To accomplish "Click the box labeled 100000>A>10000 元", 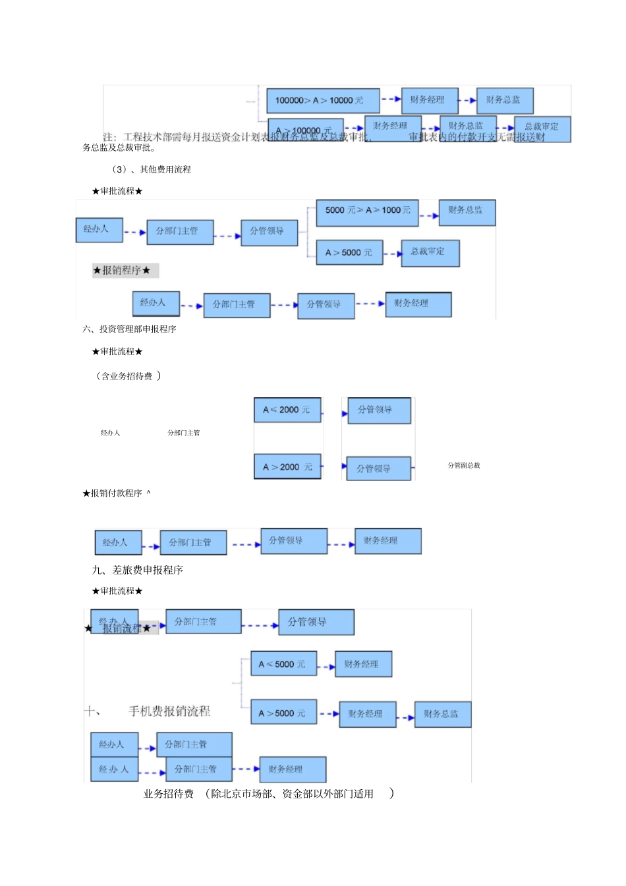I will (323, 101).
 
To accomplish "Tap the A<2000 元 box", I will (287, 410).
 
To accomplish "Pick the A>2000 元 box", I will (287, 467).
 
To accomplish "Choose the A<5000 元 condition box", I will (283, 664).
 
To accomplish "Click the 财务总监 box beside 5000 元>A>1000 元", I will (467, 212).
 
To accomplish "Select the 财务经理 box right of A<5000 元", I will (363, 664).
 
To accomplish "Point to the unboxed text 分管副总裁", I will (464, 466).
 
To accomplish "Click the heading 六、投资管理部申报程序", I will (129, 329).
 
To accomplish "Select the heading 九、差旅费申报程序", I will (138, 570).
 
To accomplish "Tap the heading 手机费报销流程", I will (169, 711).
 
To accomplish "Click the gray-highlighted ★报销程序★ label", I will (125, 270).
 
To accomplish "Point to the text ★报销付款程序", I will (113, 493).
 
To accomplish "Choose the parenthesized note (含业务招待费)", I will (128, 376).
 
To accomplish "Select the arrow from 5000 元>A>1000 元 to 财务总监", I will (428, 215).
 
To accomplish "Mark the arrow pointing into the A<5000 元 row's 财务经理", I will (326, 667).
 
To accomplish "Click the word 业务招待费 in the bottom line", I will (169, 794).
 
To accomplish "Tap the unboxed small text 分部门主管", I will (183, 433).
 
